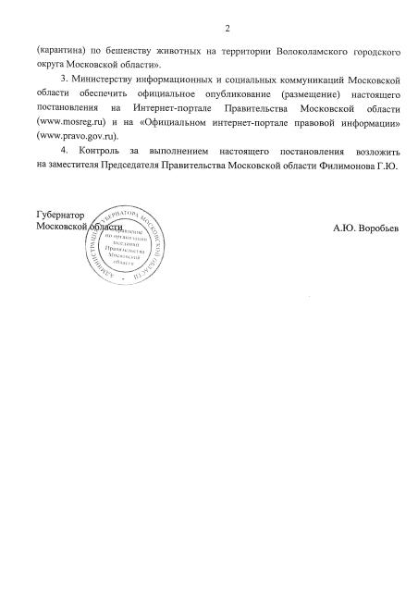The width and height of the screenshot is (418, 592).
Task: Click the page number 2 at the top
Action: pos(227,27)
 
